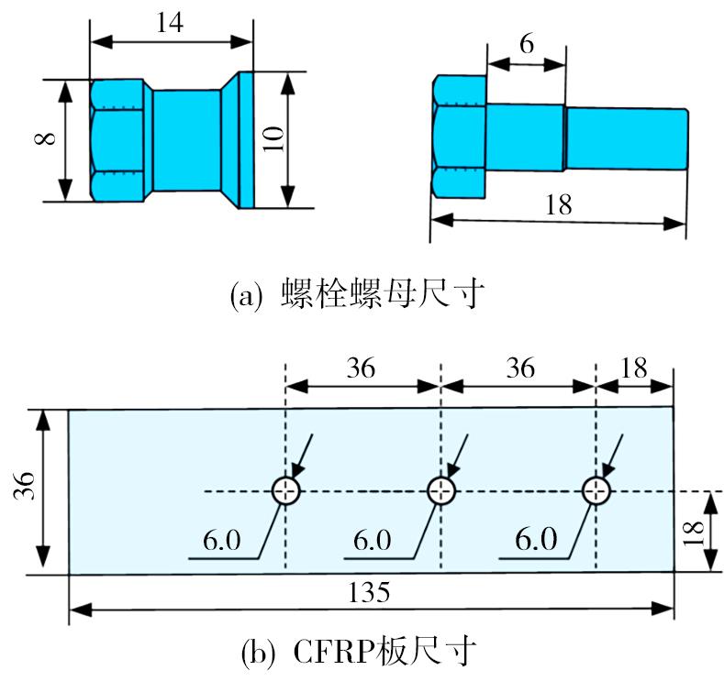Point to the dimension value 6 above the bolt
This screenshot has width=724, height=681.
tap(525, 43)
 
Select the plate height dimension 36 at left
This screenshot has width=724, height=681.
tap(25, 490)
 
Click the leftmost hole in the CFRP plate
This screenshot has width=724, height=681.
tap(286, 491)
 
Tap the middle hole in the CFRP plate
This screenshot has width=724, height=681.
tap(441, 491)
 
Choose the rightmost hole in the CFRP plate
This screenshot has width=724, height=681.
tap(596, 491)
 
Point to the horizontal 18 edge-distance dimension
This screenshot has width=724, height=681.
tap(633, 368)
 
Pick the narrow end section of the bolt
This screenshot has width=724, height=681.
tap(627, 137)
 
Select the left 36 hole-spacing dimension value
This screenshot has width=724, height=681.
tap(363, 368)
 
